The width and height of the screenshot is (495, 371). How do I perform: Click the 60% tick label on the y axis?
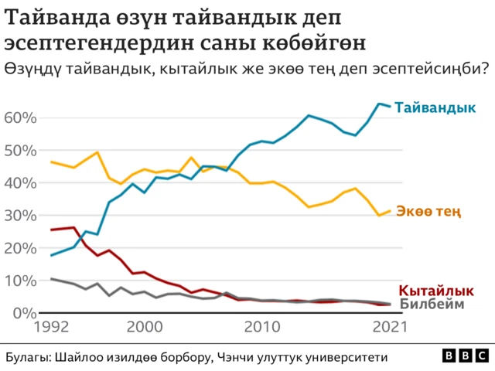[x=21, y=117]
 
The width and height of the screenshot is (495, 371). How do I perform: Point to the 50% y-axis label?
[x=21, y=150]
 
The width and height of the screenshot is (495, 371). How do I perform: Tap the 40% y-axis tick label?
[x=21, y=183]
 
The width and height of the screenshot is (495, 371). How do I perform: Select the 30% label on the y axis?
[x=21, y=216]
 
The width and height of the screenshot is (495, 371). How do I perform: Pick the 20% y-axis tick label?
[x=21, y=248]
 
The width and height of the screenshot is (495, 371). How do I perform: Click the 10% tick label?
[x=21, y=281]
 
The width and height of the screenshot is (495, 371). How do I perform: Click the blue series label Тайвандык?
[x=435, y=108]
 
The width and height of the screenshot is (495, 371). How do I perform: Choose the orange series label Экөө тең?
[x=428, y=210]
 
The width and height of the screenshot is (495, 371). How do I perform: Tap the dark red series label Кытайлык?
[x=435, y=291]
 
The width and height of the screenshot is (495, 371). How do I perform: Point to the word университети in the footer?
[x=346, y=357]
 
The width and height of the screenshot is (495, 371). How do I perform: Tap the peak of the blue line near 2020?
[x=379, y=104]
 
